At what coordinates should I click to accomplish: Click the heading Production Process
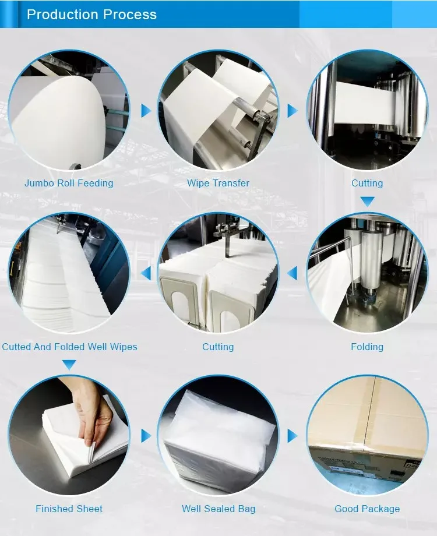click(91, 15)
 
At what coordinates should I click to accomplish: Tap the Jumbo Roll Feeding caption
click(69, 183)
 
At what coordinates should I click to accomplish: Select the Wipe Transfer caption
click(218, 183)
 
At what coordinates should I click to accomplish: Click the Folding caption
click(367, 347)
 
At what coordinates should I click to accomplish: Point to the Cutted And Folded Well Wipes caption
click(69, 347)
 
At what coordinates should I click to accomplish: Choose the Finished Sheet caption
click(69, 509)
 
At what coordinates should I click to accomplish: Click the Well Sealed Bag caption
click(218, 509)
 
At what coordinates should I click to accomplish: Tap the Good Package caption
click(367, 509)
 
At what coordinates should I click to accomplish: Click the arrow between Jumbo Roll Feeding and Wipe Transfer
click(146, 111)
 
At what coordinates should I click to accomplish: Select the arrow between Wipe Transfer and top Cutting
click(292, 111)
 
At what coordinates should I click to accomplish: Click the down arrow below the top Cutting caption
click(367, 202)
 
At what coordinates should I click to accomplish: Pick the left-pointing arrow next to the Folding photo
click(292, 273)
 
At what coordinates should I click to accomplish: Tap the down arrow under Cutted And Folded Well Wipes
click(69, 364)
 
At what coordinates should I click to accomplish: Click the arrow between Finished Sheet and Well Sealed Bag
click(146, 436)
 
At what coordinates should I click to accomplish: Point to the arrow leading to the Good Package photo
click(292, 436)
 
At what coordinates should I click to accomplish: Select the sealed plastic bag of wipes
click(219, 441)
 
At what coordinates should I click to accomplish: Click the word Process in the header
click(130, 15)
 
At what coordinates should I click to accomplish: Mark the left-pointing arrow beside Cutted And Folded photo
click(146, 273)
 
